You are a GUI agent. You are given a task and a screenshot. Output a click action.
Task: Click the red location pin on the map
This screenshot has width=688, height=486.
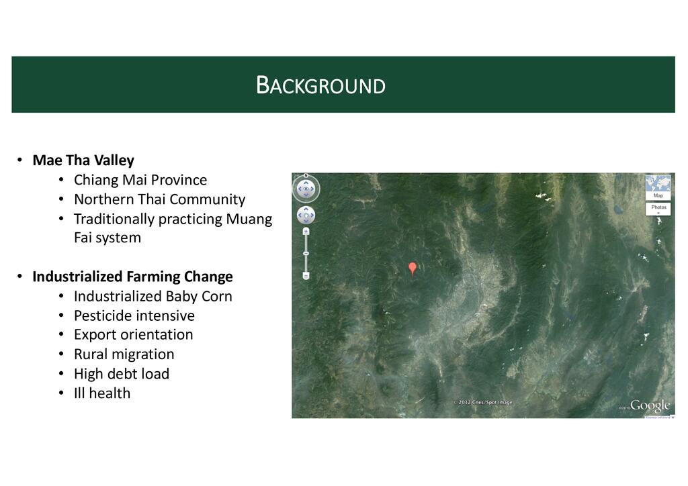click(413, 268)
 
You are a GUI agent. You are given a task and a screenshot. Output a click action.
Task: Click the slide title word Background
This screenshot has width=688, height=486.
click(320, 85)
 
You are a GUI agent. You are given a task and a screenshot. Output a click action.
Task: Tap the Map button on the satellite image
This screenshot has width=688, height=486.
click(658, 187)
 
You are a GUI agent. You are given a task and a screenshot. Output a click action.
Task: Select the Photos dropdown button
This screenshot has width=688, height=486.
click(658, 209)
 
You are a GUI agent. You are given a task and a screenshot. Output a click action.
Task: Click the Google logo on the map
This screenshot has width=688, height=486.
click(650, 406)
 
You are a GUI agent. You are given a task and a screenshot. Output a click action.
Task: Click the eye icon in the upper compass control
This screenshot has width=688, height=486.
click(306, 189)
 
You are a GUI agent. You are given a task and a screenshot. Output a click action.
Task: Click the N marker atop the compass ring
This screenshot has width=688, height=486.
click(306, 176)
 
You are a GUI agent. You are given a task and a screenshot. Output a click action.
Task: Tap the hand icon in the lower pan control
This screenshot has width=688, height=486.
click(306, 215)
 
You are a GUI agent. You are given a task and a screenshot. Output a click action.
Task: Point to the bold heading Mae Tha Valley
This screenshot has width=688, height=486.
click(83, 160)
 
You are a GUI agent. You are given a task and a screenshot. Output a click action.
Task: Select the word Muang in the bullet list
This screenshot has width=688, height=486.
click(249, 219)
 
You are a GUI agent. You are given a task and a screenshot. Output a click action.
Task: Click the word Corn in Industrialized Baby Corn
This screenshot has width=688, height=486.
click(217, 296)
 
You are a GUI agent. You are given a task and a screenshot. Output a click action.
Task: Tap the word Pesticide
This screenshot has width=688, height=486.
click(103, 315)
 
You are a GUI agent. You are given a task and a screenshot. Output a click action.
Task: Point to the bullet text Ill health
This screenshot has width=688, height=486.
click(102, 393)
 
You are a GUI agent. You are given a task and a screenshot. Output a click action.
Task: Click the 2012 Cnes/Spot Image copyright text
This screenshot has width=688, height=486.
click(482, 402)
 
